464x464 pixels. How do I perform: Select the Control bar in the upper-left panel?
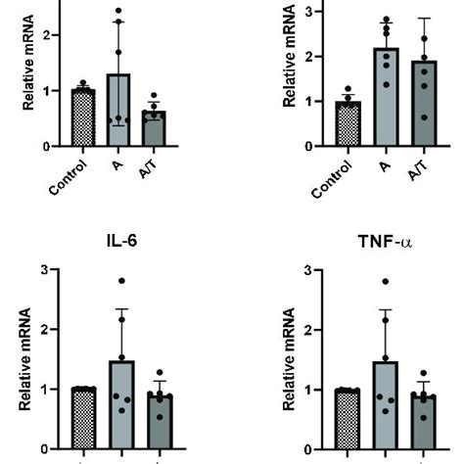click(83, 117)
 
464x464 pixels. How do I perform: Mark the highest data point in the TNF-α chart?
click(361, 282)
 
